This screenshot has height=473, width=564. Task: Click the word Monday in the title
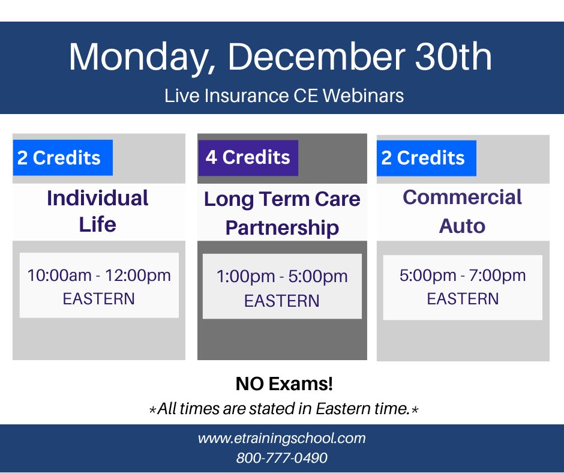point(142,57)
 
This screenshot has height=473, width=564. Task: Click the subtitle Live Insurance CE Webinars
point(284,95)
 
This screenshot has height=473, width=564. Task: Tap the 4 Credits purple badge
point(248,157)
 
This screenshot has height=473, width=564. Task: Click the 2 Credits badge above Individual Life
point(62,158)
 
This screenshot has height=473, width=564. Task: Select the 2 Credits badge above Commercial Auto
point(426,158)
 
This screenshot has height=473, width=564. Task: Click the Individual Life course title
point(98,211)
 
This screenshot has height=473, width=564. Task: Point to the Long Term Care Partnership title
point(282,213)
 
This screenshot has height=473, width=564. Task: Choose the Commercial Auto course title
point(463,211)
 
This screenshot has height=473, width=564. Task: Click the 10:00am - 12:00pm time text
point(99,276)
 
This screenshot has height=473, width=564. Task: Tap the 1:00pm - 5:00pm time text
point(282,277)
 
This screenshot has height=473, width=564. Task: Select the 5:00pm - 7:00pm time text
point(463,276)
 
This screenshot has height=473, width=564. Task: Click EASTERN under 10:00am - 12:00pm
point(99,299)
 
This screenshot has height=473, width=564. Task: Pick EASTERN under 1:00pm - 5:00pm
point(282,301)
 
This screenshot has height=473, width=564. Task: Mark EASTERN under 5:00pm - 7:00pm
point(463,299)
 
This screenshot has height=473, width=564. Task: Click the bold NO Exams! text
point(284,384)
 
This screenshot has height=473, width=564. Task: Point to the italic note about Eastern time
point(284,409)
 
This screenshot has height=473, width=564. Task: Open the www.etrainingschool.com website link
point(282,438)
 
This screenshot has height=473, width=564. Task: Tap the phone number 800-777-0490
point(282,458)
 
